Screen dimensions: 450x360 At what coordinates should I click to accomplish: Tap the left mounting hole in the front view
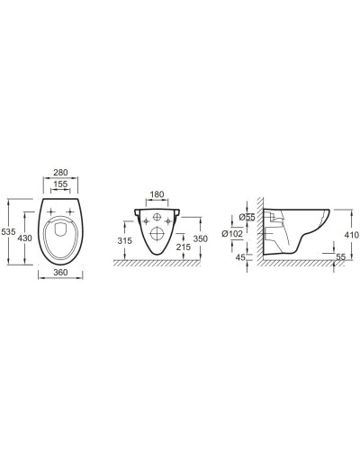(x=142, y=219)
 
